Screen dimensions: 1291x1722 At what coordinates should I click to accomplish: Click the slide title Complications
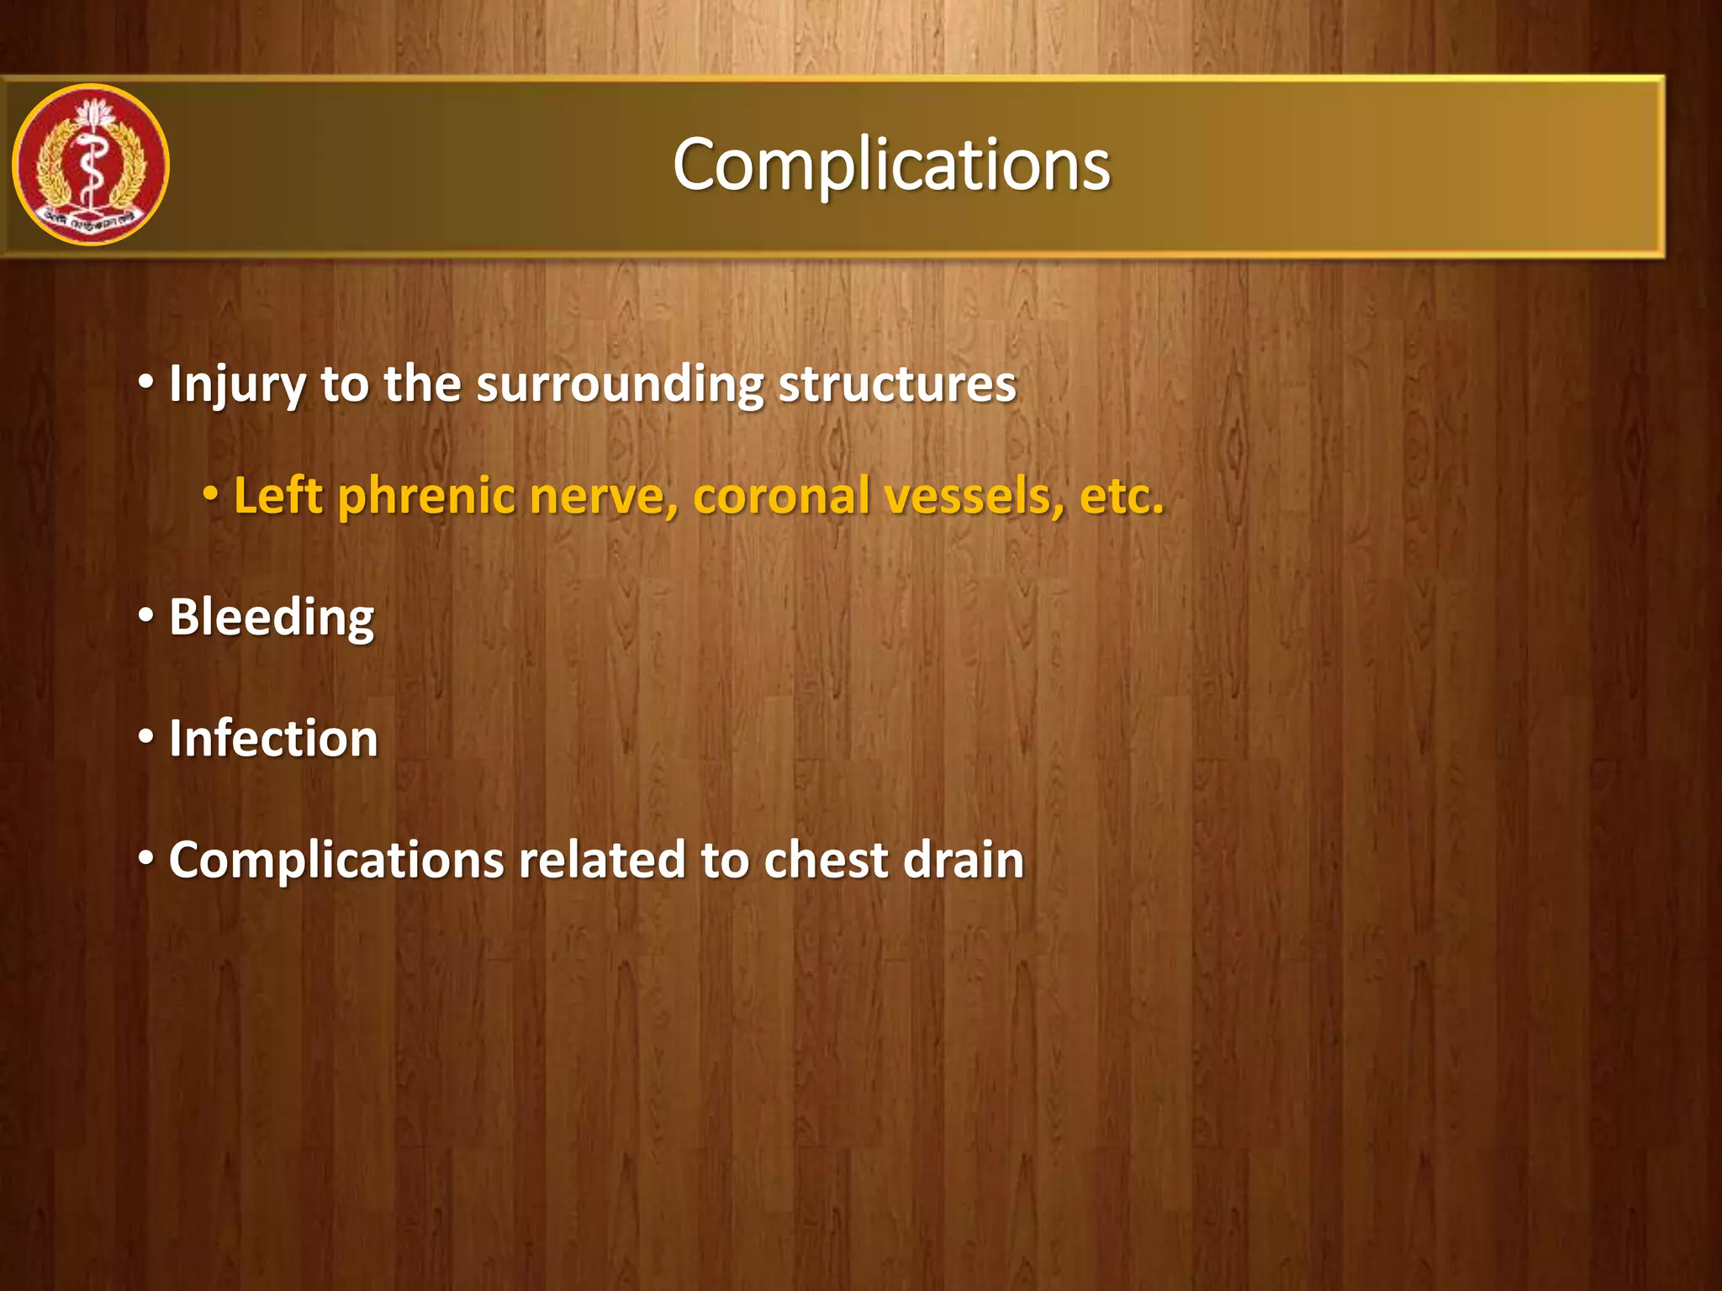[891, 165]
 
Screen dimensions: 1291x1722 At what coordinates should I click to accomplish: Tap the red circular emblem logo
[91, 165]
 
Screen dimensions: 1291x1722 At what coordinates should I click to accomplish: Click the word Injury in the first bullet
[236, 385]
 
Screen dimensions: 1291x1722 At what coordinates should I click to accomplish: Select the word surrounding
[620, 385]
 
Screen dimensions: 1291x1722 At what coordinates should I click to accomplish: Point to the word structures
[897, 385]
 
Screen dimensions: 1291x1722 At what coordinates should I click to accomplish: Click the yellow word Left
[277, 496]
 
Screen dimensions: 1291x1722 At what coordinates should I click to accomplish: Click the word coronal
[781, 496]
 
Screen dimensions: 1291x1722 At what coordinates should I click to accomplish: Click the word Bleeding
[272, 619]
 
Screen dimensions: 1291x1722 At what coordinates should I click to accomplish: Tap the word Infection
[273, 739]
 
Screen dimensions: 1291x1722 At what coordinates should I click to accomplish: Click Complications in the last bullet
[335, 862]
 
